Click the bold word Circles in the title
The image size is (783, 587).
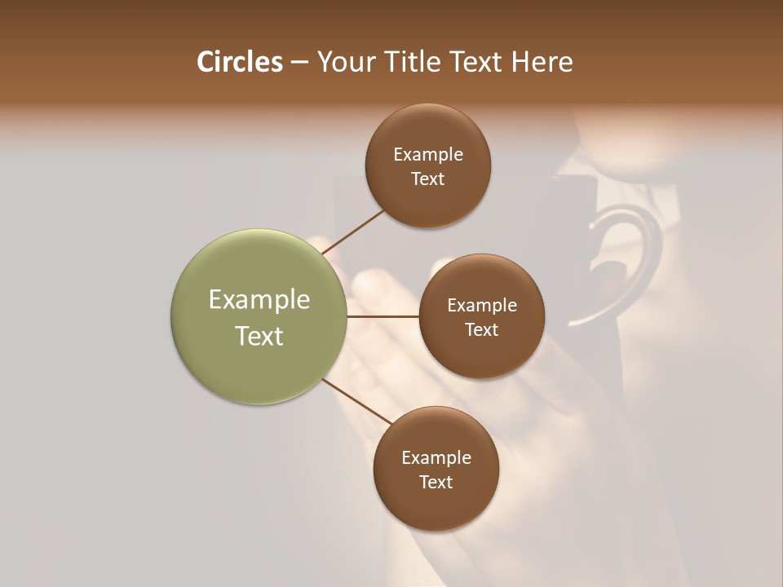click(x=239, y=62)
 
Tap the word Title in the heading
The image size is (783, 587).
click(x=415, y=62)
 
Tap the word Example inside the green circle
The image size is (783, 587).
click(x=259, y=300)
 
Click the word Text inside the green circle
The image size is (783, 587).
click(x=259, y=336)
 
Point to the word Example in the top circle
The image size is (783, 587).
click(x=428, y=155)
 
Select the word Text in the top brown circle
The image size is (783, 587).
click(x=428, y=179)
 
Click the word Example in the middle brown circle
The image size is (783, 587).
click(x=481, y=306)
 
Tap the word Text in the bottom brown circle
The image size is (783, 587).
click(x=436, y=482)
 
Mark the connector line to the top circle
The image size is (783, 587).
click(x=353, y=232)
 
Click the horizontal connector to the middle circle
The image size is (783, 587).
click(x=383, y=316)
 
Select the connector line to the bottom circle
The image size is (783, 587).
click(x=356, y=402)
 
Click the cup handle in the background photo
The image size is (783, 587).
click(x=644, y=245)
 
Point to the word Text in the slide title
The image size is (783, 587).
click(x=479, y=62)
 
